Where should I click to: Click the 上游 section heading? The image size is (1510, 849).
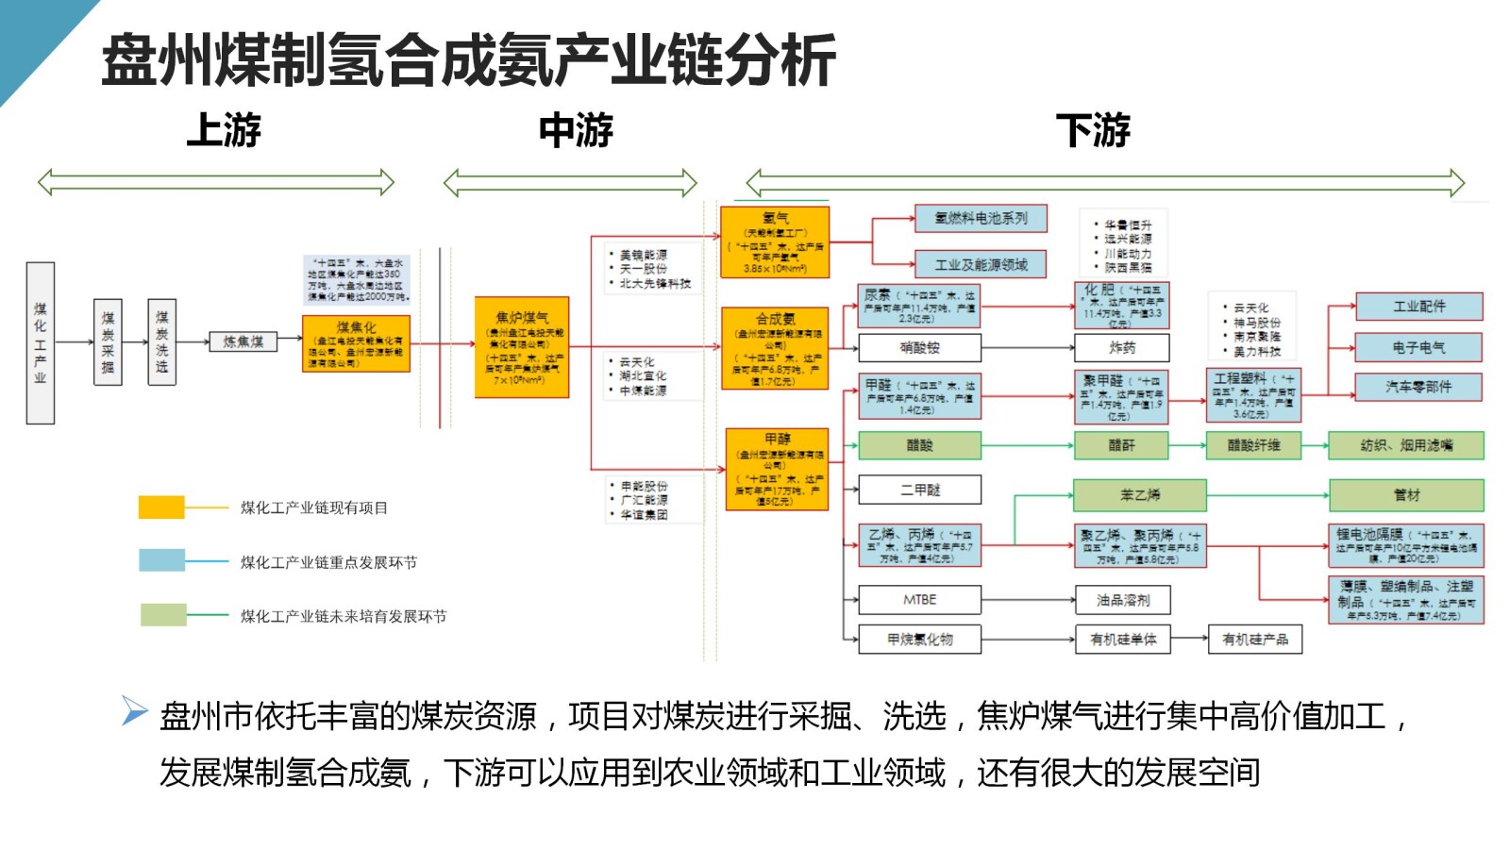(224, 130)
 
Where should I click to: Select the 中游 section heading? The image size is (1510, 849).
(576, 130)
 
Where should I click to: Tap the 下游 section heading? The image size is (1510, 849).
(1093, 130)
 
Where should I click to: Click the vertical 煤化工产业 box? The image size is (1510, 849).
(41, 342)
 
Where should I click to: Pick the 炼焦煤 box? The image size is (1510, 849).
(243, 341)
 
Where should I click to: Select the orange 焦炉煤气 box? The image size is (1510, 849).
(522, 347)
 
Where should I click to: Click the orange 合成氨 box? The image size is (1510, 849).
(775, 348)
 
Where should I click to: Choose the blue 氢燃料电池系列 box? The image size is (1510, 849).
(981, 219)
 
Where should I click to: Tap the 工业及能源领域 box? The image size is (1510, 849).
(981, 265)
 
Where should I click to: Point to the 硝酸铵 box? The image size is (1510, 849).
(919, 348)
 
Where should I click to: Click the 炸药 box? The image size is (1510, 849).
(1122, 348)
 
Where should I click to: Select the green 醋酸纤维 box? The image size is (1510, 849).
(1253, 445)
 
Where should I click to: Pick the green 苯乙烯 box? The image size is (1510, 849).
(1140, 494)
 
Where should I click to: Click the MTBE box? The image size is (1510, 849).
(919, 600)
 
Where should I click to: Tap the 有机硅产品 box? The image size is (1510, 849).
(1255, 640)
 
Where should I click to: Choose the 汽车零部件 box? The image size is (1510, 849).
(1418, 387)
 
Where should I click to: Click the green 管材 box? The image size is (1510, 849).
(1406, 494)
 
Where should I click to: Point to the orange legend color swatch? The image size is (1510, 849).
(161, 508)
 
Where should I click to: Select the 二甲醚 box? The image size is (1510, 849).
(919, 490)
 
